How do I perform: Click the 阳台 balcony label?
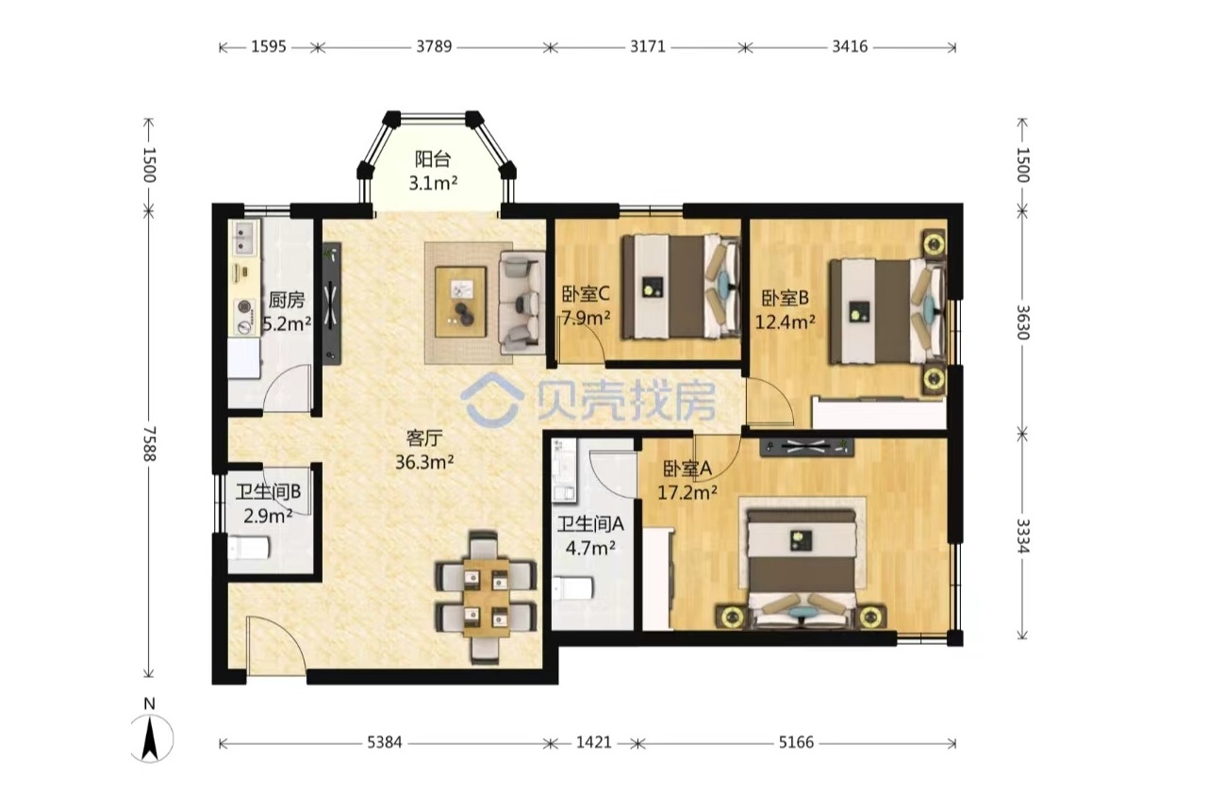point(432,159)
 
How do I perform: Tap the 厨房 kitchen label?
point(287,300)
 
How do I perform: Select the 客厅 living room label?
point(423,437)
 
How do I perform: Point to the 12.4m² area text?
point(786,322)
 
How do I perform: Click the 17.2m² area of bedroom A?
point(687,493)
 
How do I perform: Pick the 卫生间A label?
point(590,524)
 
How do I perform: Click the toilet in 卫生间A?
point(572,588)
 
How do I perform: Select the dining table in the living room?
point(487,597)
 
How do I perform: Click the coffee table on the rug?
point(460,302)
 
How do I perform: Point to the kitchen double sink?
point(244,238)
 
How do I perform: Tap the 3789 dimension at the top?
point(434,47)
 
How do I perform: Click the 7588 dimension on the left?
point(149,443)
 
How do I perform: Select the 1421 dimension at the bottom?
point(594,742)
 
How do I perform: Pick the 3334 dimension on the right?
point(1022,536)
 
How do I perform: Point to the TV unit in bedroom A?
point(806,447)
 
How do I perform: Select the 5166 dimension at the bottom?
point(796,742)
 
